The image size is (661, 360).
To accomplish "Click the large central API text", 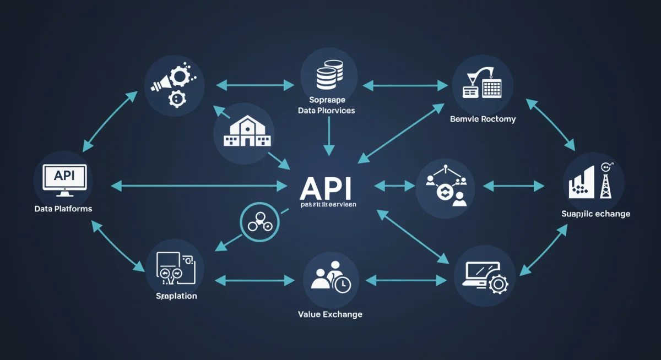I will (x=325, y=189).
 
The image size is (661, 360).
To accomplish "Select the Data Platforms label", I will (x=63, y=209).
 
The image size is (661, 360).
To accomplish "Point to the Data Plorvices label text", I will (x=326, y=111).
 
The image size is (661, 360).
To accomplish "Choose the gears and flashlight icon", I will (x=174, y=86).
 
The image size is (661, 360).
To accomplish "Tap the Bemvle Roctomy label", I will (x=483, y=119).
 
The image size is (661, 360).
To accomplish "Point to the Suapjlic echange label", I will (x=595, y=214).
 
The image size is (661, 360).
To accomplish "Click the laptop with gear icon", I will (x=484, y=275).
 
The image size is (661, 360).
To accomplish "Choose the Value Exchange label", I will (x=330, y=314).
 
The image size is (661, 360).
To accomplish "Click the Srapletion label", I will (x=176, y=296).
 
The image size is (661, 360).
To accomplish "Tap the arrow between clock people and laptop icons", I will (x=405, y=280).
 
